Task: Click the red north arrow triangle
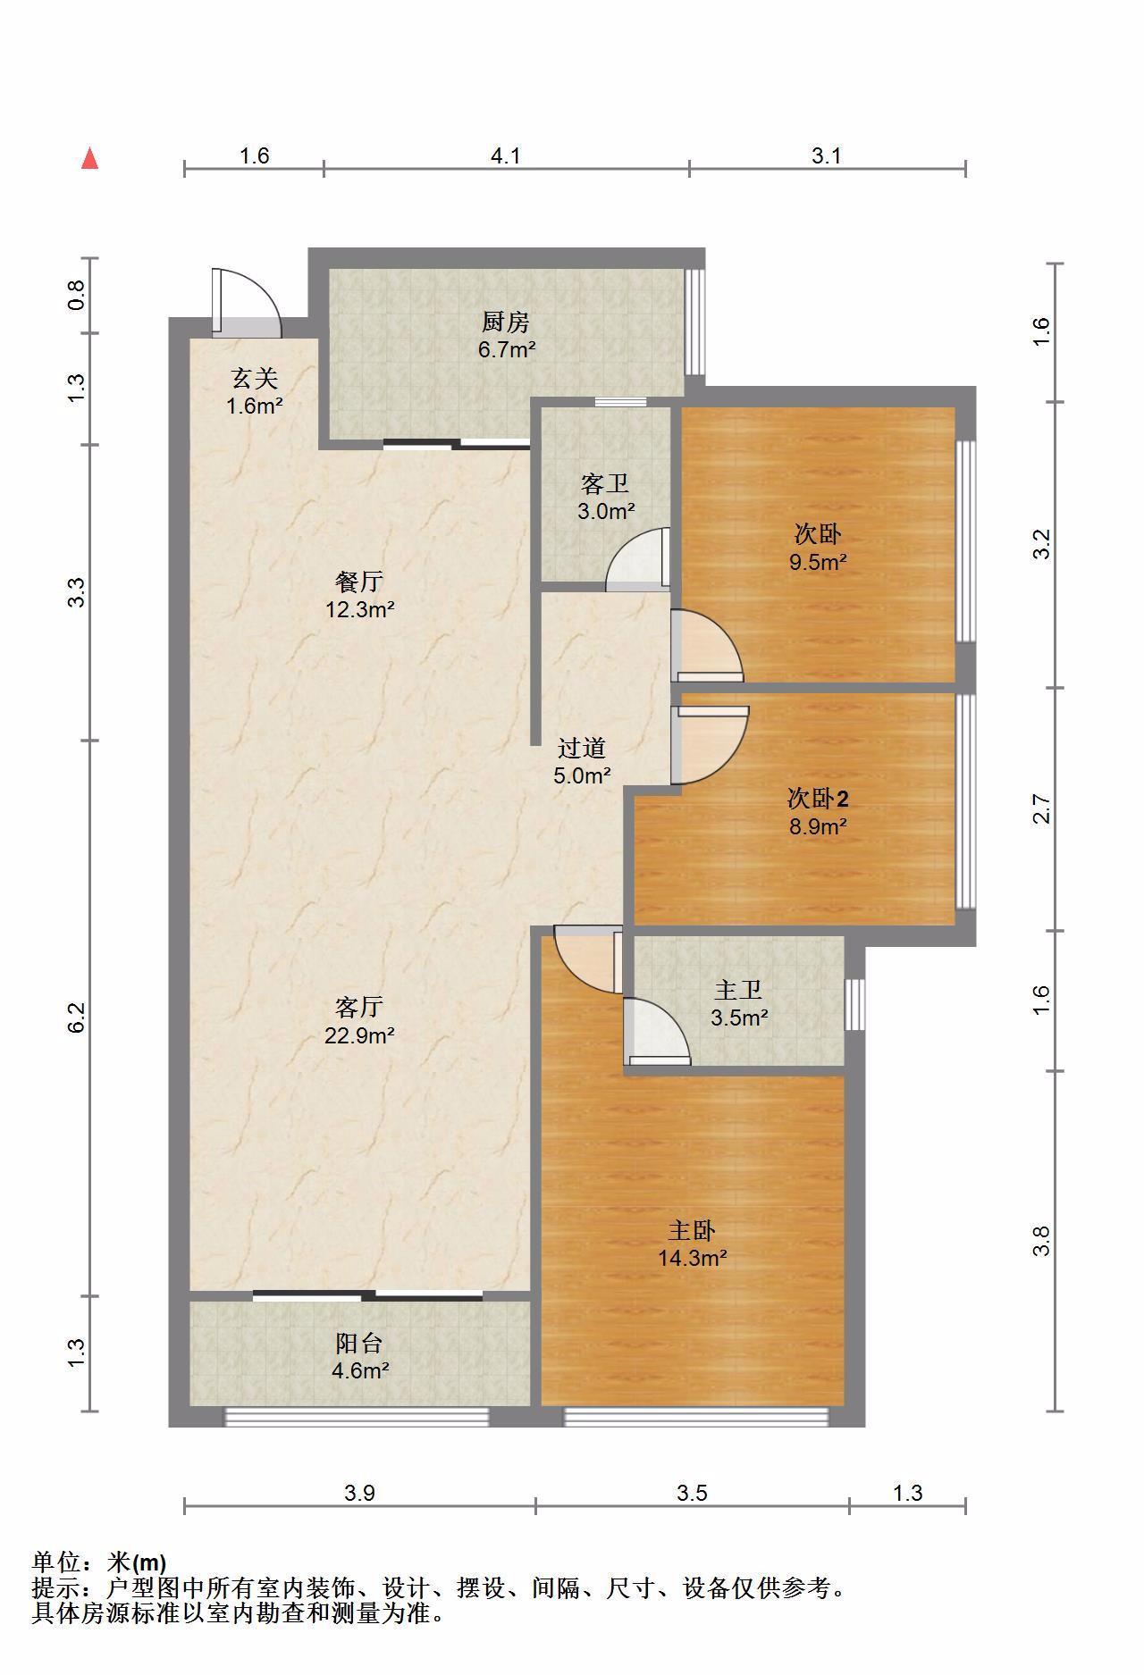89,158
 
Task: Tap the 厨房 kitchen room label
506,321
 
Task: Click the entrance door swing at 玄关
246,303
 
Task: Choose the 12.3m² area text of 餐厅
360,610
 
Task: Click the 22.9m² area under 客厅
360,1035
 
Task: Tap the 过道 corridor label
582,748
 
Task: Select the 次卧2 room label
817,797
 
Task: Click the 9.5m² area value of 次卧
818,562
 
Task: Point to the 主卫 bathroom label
739,990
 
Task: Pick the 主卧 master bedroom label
692,1231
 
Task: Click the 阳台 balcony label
360,1343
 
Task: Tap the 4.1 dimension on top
506,155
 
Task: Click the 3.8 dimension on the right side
1041,1241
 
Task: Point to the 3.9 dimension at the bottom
360,1493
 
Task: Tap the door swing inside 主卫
657,1032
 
